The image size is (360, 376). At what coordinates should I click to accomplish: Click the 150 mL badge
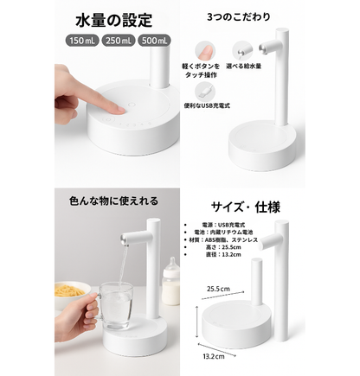tap(80, 39)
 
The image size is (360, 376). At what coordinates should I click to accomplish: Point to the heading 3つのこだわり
tap(232, 16)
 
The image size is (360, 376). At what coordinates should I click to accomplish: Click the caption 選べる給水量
tap(247, 66)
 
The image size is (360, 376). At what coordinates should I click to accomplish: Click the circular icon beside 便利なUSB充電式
tap(198, 90)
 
